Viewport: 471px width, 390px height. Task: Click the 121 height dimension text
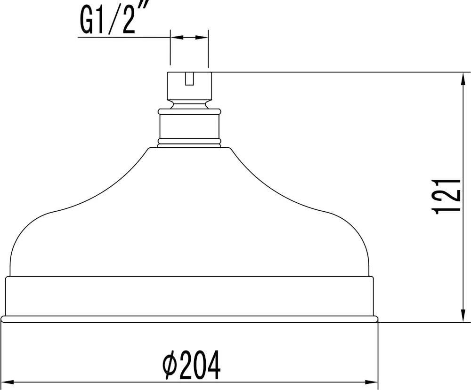446,196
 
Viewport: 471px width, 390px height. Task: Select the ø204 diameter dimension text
191,366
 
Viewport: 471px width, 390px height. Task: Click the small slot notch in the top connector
189,79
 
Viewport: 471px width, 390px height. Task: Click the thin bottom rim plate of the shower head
189,319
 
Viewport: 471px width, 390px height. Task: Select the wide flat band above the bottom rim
189,296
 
